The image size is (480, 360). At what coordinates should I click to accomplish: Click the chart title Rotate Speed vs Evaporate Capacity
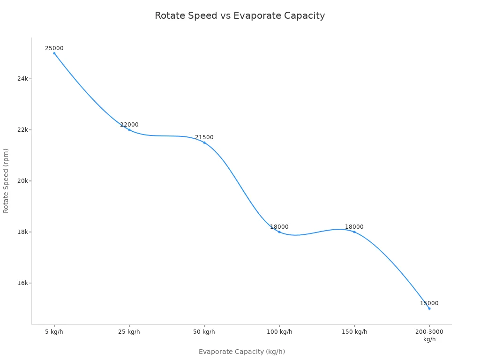240,15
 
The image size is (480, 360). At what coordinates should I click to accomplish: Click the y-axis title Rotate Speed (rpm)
6,180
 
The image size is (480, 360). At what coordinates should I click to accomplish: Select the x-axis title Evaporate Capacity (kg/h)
241,352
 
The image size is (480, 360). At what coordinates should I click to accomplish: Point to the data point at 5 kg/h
54,53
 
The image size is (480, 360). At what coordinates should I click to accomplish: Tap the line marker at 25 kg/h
129,130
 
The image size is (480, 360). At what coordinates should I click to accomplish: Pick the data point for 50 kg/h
204,142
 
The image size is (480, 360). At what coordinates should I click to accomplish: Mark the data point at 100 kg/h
279,232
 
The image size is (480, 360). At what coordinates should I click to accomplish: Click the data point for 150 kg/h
354,232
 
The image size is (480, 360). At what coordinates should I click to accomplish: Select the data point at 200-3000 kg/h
429,308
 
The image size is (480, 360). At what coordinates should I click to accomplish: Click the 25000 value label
54,48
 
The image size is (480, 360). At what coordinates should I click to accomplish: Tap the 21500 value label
204,137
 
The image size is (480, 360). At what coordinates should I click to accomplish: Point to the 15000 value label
429,303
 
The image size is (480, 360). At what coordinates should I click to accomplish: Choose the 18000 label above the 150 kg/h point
354,227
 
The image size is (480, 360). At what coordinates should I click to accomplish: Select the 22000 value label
129,125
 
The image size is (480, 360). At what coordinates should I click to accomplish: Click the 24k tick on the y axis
23,79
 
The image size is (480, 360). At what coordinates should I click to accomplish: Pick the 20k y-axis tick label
23,181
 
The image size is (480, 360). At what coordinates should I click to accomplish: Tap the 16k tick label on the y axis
23,283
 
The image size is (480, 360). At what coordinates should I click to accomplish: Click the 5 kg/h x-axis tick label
54,332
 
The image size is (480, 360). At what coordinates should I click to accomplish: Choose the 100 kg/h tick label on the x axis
279,332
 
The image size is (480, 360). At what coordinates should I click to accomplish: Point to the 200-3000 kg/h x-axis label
429,335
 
